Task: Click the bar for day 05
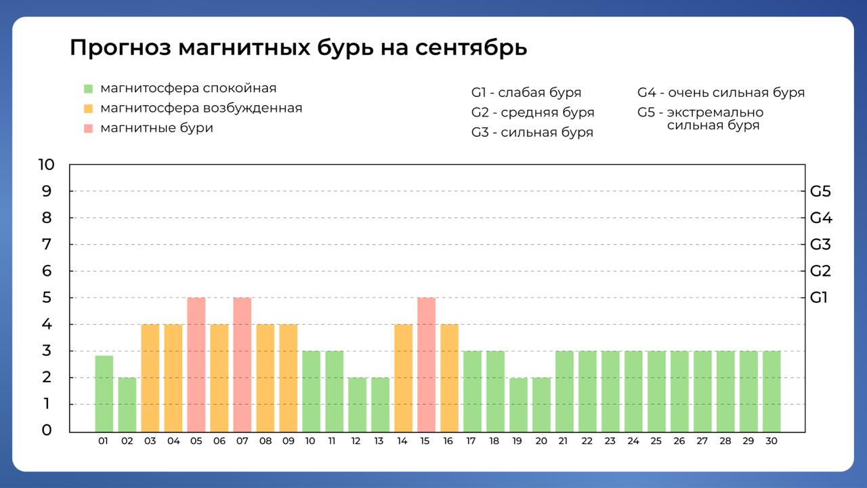(196, 364)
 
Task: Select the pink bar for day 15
(426, 364)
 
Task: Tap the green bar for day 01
(104, 393)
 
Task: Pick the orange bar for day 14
(403, 378)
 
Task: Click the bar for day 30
(771, 391)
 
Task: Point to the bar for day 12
(357, 404)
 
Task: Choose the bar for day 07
(242, 364)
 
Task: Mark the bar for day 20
(541, 404)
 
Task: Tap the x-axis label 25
(656, 441)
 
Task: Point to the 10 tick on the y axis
(47, 165)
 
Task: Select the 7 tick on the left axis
(47, 244)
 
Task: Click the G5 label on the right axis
(820, 191)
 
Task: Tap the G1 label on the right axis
(819, 298)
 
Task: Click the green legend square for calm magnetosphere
(88, 89)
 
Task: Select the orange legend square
(88, 108)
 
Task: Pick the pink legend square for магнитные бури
(88, 128)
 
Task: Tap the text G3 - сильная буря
(532, 132)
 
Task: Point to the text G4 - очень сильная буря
(721, 93)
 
